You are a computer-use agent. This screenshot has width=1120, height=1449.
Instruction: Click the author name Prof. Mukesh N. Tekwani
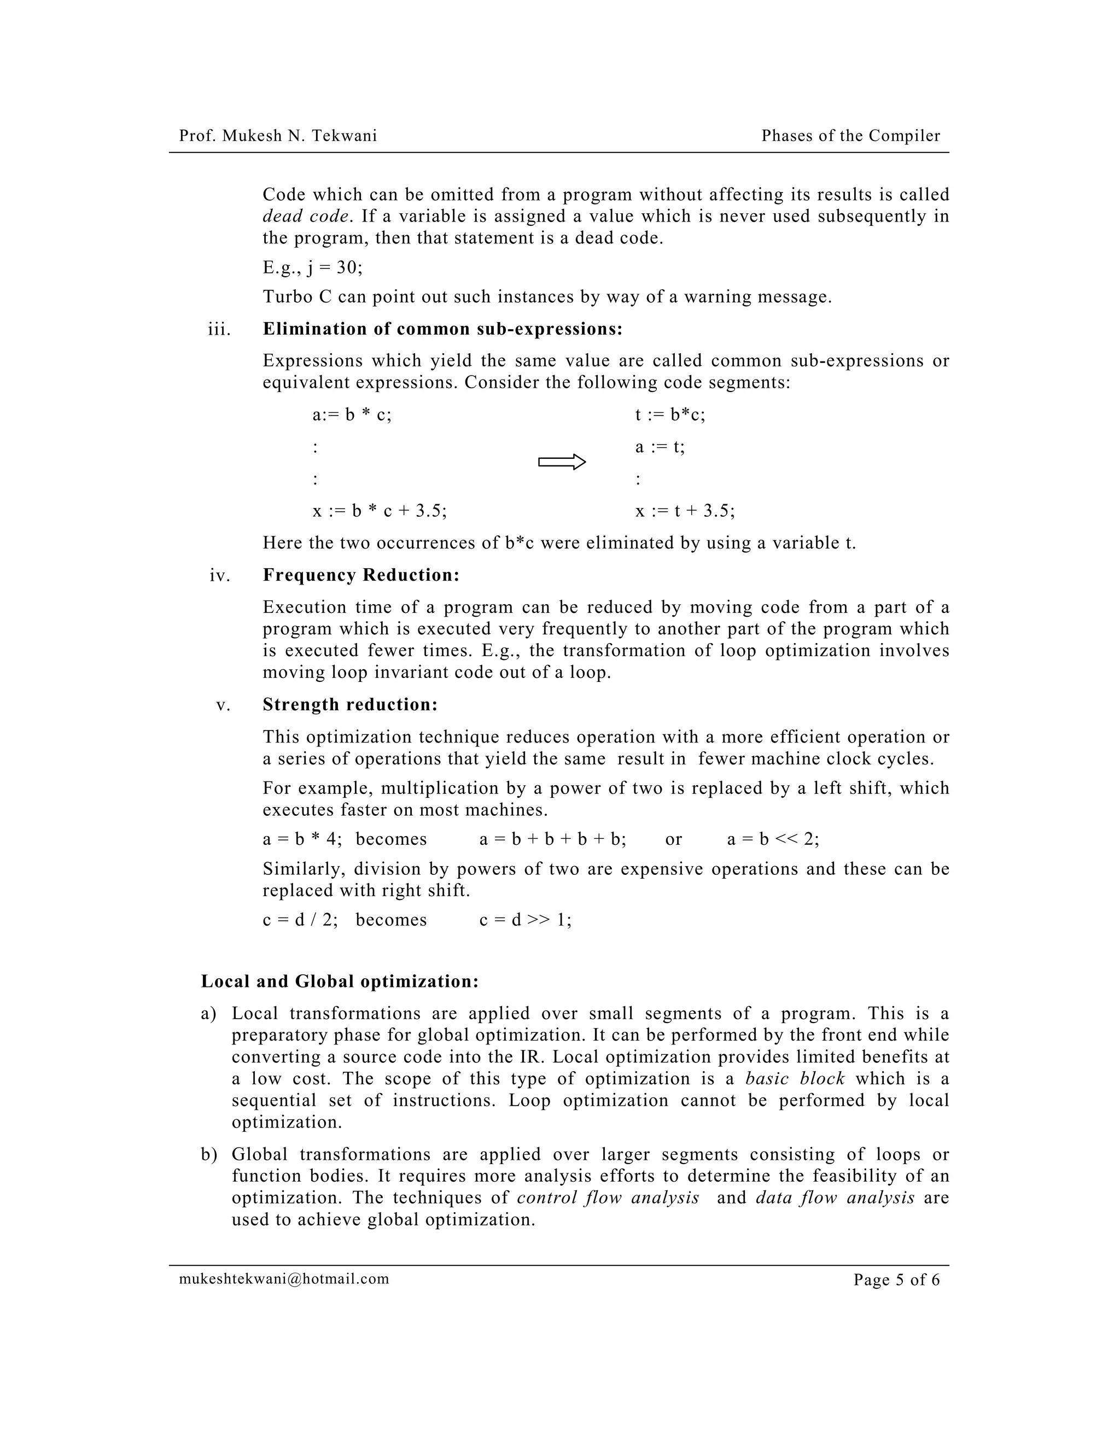click(277, 136)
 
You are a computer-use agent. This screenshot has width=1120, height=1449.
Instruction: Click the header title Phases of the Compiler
click(850, 136)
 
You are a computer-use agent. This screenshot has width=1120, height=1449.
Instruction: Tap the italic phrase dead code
click(305, 217)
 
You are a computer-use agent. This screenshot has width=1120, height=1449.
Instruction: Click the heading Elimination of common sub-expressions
click(442, 329)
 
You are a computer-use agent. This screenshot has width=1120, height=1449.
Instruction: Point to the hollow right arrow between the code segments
click(561, 463)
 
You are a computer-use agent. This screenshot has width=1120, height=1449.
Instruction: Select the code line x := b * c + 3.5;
click(380, 511)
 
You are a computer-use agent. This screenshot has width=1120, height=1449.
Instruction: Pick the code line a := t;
click(660, 447)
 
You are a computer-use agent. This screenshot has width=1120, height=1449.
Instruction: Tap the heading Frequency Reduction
click(361, 575)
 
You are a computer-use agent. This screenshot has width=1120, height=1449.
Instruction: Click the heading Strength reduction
click(349, 705)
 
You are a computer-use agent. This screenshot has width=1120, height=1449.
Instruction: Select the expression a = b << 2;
click(772, 839)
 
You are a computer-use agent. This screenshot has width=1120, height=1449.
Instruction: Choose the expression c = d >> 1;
click(525, 920)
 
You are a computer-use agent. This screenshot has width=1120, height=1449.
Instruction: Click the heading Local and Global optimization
click(340, 981)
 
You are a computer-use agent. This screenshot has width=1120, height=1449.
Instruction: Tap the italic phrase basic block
click(794, 1078)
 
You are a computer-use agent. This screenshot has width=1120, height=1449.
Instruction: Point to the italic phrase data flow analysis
click(835, 1197)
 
